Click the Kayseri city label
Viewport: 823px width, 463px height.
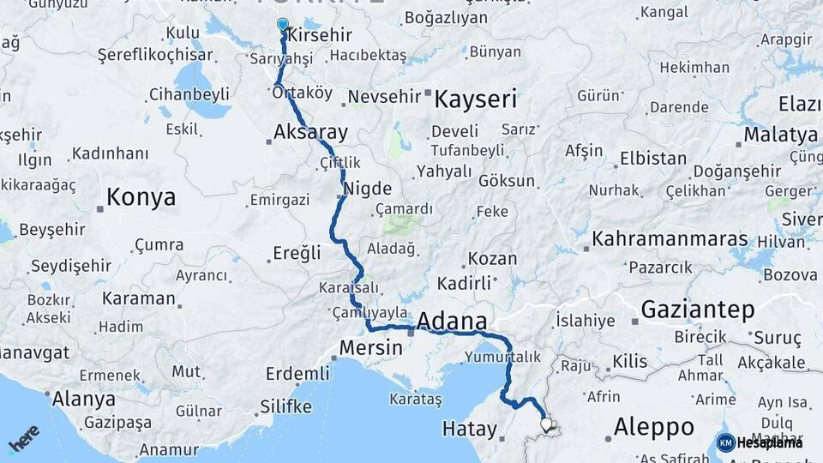[x=475, y=99]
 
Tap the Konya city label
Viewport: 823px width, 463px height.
[x=141, y=198]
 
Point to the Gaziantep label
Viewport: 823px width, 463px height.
[x=698, y=310]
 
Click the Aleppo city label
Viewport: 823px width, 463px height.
[x=654, y=427]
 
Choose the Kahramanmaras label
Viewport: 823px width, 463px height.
[x=670, y=239]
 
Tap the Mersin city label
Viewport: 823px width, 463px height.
[x=370, y=348]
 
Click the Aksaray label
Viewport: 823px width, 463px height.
[x=310, y=133]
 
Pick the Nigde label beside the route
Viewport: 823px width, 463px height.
[x=367, y=189]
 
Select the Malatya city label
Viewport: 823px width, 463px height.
[x=780, y=135]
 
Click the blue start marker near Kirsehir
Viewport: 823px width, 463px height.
[x=283, y=24]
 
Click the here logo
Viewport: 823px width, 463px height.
[x=23, y=438]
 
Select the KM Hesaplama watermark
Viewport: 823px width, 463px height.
[x=760, y=442]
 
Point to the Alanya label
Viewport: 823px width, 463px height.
[x=83, y=399]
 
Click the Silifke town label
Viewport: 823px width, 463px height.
[x=286, y=406]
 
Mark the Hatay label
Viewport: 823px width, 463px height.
[x=469, y=428]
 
